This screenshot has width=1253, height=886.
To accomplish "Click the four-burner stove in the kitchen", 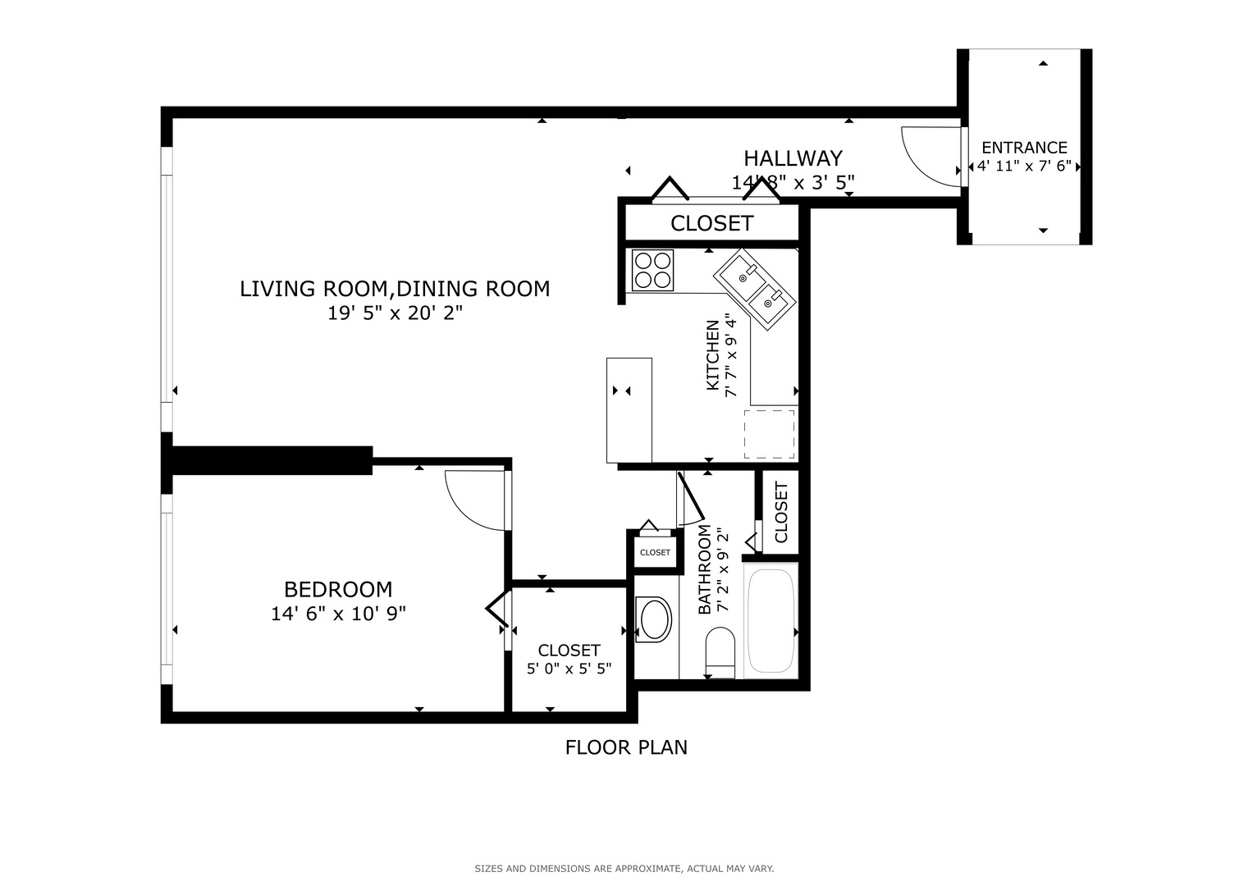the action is [x=652, y=270].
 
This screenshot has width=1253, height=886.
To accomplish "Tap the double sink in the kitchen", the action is [x=755, y=289].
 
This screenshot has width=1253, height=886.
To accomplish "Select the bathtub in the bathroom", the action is [x=771, y=620].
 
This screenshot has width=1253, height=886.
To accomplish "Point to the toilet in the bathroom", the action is [x=720, y=652].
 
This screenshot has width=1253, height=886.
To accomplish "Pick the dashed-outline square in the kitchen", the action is [x=769, y=434].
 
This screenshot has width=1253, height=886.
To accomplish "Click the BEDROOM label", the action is [x=338, y=590].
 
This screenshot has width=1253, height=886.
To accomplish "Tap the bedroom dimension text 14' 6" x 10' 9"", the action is [x=338, y=614].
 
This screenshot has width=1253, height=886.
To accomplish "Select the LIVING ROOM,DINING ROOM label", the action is [x=395, y=289].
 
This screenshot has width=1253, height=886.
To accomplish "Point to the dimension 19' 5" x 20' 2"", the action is [x=395, y=313].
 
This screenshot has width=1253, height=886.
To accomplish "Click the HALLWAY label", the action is [x=793, y=158].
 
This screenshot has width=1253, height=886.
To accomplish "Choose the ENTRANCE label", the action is [x=1025, y=148].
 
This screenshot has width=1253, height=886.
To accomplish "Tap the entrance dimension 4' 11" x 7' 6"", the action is [x=1024, y=166].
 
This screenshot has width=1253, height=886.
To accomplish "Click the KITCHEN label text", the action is [x=712, y=355].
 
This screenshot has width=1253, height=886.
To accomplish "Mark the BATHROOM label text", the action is [x=704, y=569].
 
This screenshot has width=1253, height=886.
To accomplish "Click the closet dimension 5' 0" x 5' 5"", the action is [x=569, y=669].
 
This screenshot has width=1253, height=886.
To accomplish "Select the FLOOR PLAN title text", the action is [x=626, y=747].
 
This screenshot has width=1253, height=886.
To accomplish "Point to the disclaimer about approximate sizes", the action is [x=624, y=869].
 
